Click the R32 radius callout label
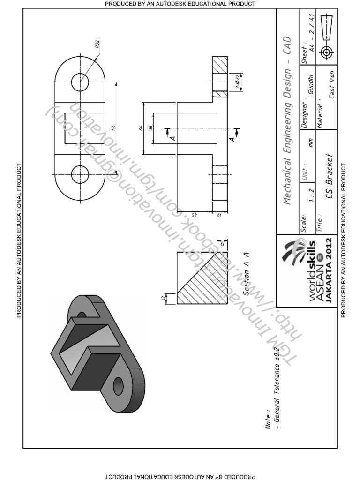click(97, 46)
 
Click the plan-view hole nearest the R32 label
click(80, 80)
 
